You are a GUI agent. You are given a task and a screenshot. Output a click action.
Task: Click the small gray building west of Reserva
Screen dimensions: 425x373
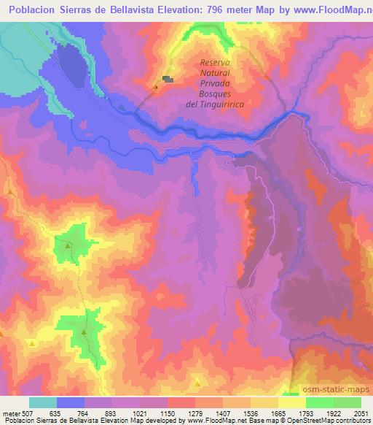(x=168, y=79)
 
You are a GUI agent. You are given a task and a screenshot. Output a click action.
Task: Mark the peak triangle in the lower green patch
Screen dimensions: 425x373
(x=84, y=333)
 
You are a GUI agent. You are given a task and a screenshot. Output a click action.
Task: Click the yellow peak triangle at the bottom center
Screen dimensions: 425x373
(x=198, y=382)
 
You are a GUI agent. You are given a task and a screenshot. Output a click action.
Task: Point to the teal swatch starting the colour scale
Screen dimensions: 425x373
(x=43, y=402)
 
